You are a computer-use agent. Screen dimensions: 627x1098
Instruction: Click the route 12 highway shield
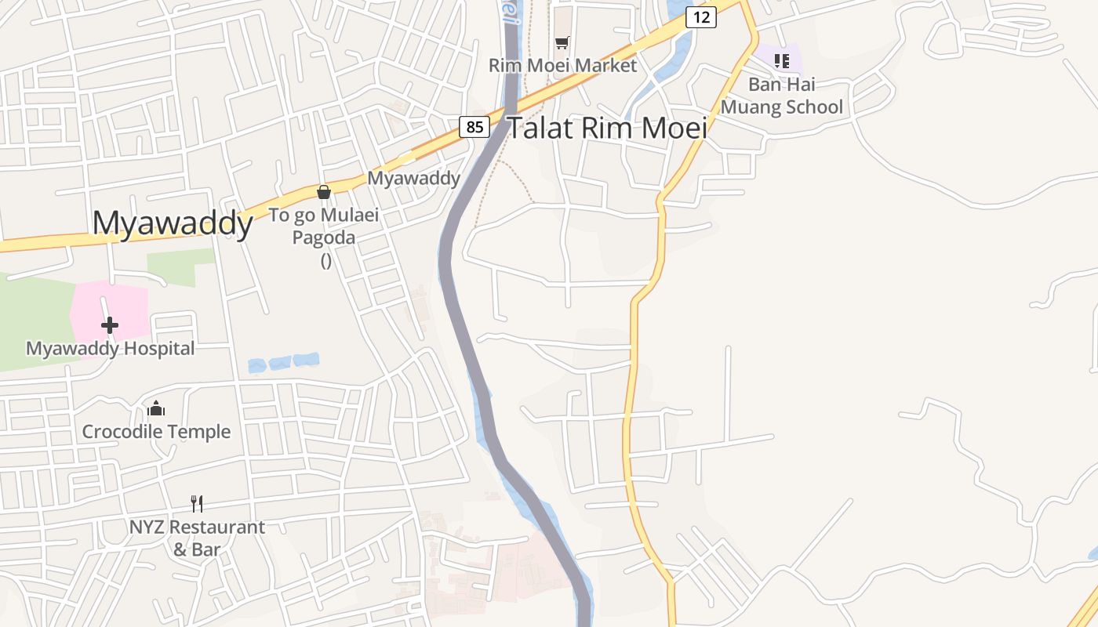700,16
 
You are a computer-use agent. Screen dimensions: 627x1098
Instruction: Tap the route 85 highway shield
474,126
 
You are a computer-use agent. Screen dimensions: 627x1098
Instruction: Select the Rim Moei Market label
562,65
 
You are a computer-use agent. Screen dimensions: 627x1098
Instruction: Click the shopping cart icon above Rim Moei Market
562,42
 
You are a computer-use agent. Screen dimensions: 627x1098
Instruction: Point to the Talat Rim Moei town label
608,128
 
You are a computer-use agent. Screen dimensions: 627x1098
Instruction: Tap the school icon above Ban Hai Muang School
781,60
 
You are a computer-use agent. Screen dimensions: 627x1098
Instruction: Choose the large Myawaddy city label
173,223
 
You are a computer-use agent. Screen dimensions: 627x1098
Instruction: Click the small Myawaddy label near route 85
413,178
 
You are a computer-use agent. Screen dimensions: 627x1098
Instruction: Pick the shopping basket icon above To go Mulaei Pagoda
323,192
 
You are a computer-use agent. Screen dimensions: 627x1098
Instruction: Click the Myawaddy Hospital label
110,348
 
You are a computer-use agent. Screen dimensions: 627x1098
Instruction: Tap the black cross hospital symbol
110,324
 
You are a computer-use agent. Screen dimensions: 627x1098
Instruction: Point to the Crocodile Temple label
156,432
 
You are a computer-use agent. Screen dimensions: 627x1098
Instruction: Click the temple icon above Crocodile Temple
156,408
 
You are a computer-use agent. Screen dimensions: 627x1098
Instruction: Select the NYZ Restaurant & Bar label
197,538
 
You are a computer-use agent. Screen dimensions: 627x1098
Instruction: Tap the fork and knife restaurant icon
197,503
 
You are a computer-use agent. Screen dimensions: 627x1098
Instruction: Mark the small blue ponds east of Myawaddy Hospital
283,363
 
